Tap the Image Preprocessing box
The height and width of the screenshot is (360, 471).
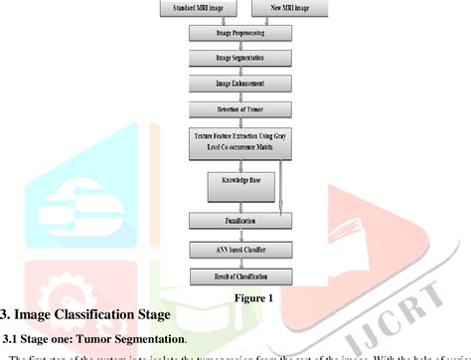pyautogui.click(x=240, y=34)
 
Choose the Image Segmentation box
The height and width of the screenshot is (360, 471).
pyautogui.click(x=240, y=59)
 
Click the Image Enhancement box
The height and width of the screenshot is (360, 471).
pyautogui.click(x=240, y=84)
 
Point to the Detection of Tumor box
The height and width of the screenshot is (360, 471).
pyautogui.click(x=240, y=108)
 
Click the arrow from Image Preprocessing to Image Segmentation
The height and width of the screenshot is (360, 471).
pyautogui.click(x=240, y=46)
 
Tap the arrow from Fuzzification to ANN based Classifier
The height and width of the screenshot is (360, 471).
pyautogui.click(x=240, y=235)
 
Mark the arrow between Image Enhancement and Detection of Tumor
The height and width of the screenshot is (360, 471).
pyautogui.click(x=240, y=95)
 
